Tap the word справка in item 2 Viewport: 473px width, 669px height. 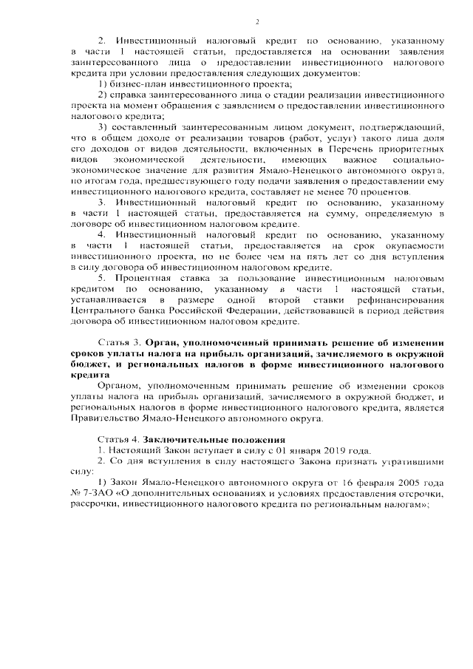(x=128, y=96)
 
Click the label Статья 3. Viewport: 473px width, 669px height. (x=120, y=344)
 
